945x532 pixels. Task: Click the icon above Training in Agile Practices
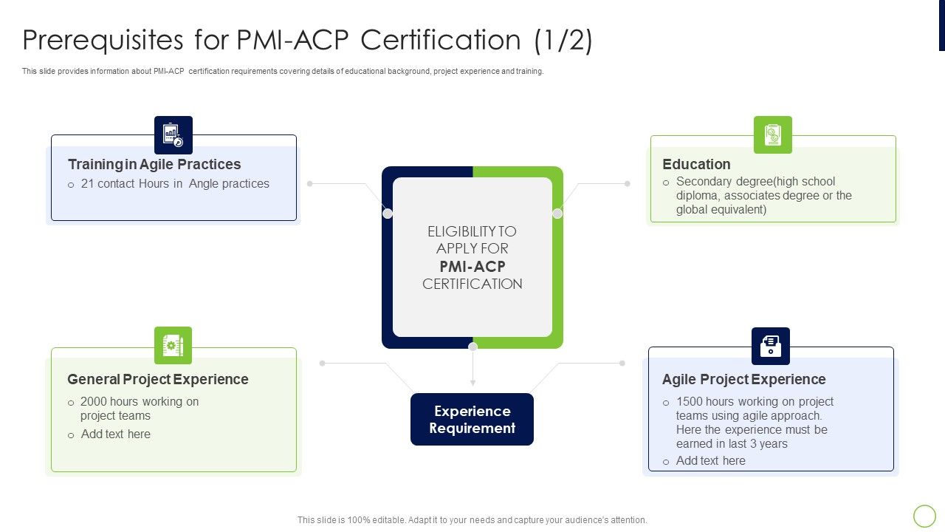(173, 135)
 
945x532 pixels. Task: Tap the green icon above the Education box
(772, 135)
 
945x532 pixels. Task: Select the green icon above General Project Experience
(173, 346)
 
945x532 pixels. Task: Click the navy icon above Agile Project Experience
(770, 347)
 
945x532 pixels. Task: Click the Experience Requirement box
(472, 420)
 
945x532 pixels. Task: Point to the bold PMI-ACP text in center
(472, 266)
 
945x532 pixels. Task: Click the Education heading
(696, 164)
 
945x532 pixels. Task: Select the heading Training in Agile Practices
(154, 164)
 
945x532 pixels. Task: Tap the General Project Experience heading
(158, 379)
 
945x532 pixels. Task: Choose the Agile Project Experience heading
(743, 379)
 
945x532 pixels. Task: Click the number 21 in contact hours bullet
(87, 184)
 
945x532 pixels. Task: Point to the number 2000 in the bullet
(94, 402)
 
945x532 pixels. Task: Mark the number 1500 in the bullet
(690, 402)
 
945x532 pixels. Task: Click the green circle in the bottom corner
(924, 516)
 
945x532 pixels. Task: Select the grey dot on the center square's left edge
(388, 214)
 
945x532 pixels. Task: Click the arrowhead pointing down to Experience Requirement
(472, 382)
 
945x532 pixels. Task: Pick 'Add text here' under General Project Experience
(116, 434)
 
